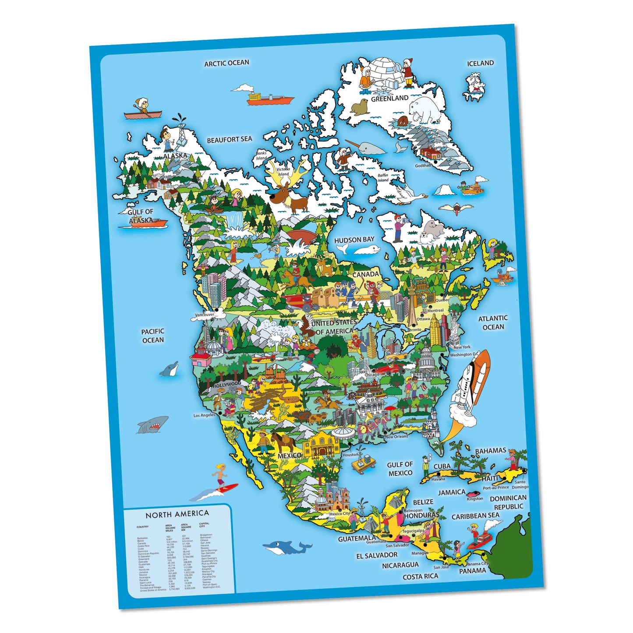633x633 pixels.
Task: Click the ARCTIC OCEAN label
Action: (226, 63)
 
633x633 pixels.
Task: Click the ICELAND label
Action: (480, 63)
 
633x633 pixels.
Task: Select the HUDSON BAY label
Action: (354, 240)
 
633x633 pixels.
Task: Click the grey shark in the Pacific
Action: (152, 424)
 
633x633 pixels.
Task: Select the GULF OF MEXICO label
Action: (400, 469)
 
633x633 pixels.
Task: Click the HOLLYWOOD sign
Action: (227, 385)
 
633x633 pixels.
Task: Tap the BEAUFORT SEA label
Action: (230, 140)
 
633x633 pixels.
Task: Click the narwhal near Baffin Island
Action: (366, 147)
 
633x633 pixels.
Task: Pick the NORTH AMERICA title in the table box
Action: (177, 514)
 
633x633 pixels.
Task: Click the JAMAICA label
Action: (452, 492)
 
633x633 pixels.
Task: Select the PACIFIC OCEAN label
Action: (153, 336)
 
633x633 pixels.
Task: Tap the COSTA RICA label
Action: (420, 576)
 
